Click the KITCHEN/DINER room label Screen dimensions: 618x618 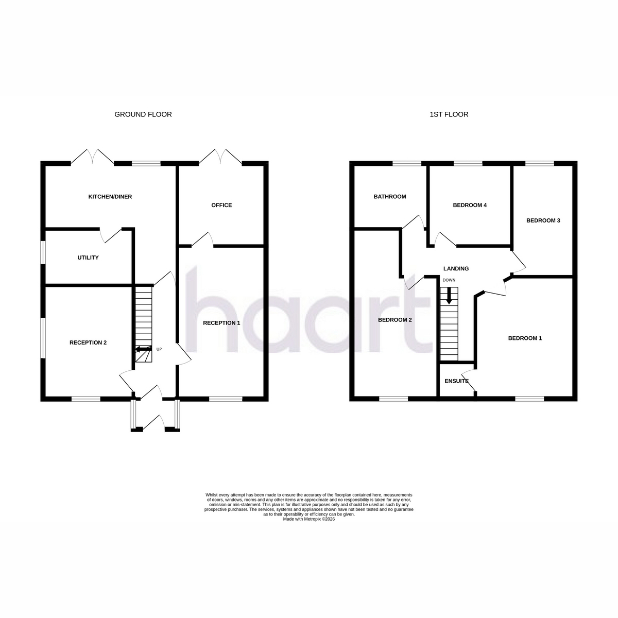pos(110,197)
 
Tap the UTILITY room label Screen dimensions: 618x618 pos(88,257)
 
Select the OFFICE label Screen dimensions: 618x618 pos(221,205)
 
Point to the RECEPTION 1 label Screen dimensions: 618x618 pos(221,323)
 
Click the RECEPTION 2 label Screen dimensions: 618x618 pos(88,342)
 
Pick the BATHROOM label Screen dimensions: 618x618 pos(390,197)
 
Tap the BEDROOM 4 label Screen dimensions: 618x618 pos(470,205)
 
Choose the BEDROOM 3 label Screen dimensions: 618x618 pos(543,220)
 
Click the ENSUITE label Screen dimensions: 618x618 pos(456,381)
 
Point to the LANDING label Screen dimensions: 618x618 pos(456,269)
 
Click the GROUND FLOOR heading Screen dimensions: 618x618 pos(143,114)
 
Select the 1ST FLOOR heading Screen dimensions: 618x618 pos(449,114)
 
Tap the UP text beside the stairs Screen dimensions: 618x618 pos(159,349)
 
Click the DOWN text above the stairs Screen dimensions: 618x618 pos(449,280)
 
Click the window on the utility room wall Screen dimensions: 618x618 pos(43,252)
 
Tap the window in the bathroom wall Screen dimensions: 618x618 pos(407,164)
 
